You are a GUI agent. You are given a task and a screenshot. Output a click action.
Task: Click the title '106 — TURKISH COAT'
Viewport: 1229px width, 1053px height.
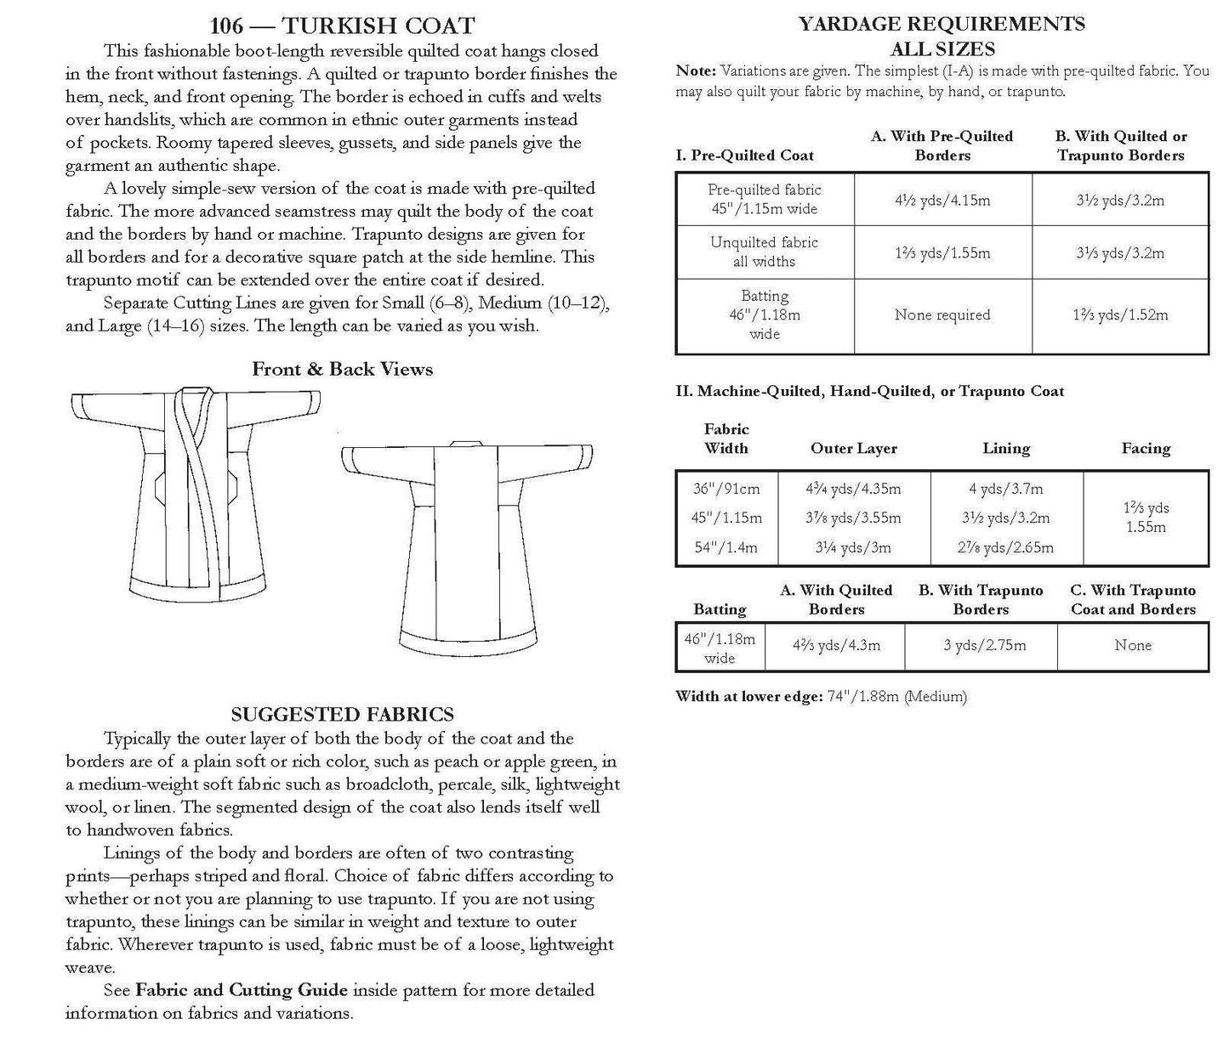click(342, 25)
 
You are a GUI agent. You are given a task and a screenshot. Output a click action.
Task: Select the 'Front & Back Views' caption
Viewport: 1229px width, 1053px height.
click(342, 369)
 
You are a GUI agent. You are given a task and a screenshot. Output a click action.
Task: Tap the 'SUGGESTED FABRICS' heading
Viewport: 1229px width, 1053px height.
click(342, 714)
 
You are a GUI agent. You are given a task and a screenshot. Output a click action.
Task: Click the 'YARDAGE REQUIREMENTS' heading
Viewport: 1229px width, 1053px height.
click(942, 24)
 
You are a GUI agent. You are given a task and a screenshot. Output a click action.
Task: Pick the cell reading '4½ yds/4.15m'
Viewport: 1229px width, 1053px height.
click(942, 201)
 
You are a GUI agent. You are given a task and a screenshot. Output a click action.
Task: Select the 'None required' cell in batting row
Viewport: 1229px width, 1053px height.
click(942, 314)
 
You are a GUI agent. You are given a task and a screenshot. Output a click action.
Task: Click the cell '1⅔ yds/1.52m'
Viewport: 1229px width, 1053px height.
click(1120, 314)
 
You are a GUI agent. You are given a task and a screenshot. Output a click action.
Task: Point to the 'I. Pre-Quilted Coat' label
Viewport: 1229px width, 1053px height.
click(744, 156)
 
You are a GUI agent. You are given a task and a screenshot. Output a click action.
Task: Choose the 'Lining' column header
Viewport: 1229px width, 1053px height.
click(1006, 448)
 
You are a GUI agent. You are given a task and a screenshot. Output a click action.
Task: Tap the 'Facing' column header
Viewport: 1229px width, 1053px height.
click(1146, 448)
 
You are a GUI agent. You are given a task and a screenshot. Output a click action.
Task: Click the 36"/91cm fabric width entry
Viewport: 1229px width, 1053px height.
click(726, 489)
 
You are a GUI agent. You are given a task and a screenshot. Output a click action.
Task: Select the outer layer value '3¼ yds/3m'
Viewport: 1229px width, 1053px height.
click(853, 547)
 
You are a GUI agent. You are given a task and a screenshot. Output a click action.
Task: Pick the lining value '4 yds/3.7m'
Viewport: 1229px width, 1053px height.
click(1006, 489)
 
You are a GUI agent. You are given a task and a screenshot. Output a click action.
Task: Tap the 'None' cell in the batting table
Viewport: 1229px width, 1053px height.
click(1133, 645)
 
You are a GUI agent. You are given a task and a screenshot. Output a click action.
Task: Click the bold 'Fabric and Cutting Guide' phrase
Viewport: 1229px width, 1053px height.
click(242, 989)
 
